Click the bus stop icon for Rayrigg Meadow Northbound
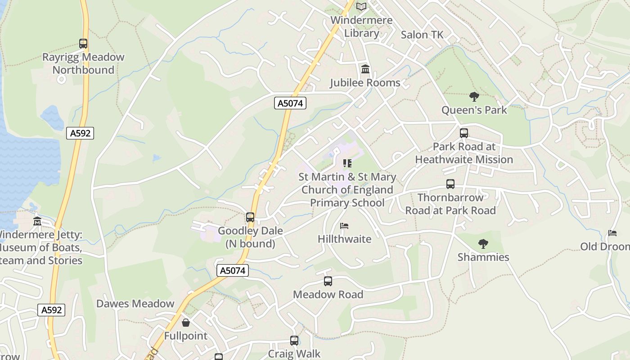coord(83,44)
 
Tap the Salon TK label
coord(422,35)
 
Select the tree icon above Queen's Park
coord(474,96)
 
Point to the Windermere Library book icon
coord(361,7)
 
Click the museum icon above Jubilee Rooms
coord(365,70)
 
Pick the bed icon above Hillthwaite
coord(344,226)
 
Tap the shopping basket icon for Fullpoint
coord(185,323)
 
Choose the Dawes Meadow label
coord(135,304)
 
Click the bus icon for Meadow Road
coord(328,281)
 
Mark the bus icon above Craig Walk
coord(294,341)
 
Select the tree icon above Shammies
coord(483,244)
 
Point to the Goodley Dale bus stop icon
coord(250,217)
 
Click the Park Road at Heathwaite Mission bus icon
coord(464,133)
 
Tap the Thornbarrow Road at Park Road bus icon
coord(450,184)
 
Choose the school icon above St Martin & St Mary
coord(347,163)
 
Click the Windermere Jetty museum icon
coord(37,221)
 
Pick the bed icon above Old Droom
coord(612,233)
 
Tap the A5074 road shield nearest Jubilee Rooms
coord(290,103)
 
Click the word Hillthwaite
coord(345,239)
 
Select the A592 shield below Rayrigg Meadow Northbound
coord(80,133)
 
